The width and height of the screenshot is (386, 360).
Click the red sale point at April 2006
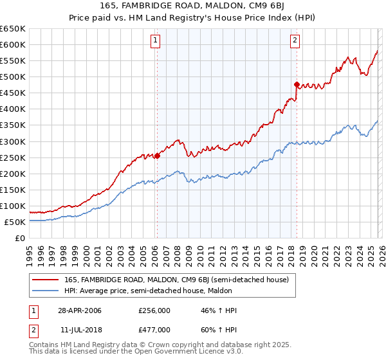pyautogui.click(x=157, y=156)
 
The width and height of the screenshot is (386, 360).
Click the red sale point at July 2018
pyautogui.click(x=297, y=84)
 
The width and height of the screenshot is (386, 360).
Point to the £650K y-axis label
pyautogui.click(x=13, y=29)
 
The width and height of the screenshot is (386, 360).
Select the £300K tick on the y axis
pyautogui.click(x=13, y=141)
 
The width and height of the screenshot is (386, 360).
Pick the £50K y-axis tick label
pyautogui.click(x=15, y=222)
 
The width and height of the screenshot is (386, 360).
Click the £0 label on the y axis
pyautogui.click(x=19, y=239)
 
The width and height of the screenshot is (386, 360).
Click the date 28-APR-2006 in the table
pyautogui.click(x=80, y=310)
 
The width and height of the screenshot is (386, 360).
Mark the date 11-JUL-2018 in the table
pyautogui.click(x=80, y=329)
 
